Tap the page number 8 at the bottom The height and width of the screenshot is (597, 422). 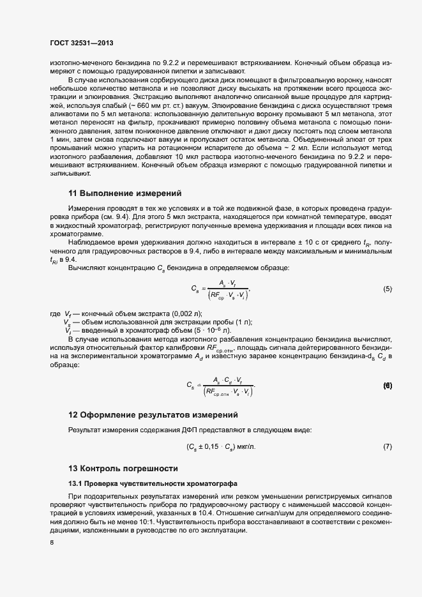pyautogui.click(x=52, y=543)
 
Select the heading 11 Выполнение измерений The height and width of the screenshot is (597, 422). pyautogui.click(x=125, y=193)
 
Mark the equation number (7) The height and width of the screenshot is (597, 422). pyautogui.click(x=387, y=446)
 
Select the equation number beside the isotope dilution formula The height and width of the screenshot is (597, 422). pyautogui.click(x=387, y=386)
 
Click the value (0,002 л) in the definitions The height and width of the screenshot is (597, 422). pyautogui.click(x=189, y=313)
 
